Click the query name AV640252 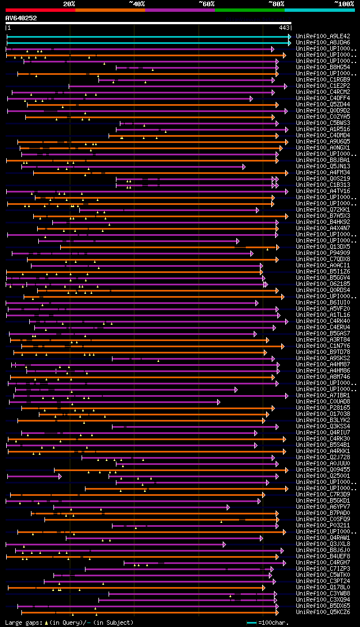(x=21, y=18)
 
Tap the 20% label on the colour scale (x=69, y=4)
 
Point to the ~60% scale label (x=206, y=4)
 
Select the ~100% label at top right (x=344, y=4)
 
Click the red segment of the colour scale (x=40, y=10)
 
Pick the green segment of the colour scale (x=249, y=10)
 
